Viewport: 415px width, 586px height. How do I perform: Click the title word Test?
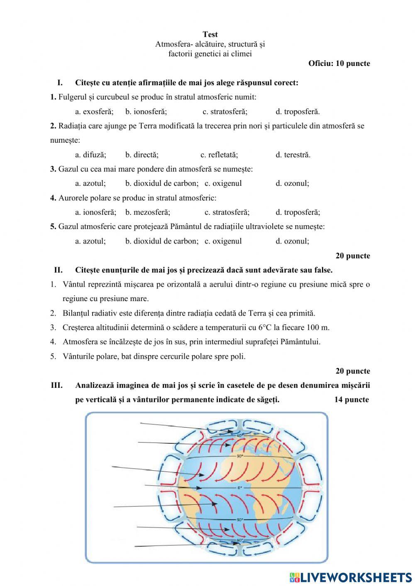pyautogui.click(x=210, y=34)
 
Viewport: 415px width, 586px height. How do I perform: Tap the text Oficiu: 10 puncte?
pyautogui.click(x=339, y=63)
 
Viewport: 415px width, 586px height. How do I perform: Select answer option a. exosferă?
pyautogui.click(x=94, y=112)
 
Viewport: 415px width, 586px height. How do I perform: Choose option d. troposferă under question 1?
pyautogui.click(x=298, y=112)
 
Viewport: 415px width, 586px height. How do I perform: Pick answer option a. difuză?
pyautogui.click(x=90, y=155)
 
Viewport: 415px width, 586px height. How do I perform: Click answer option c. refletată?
pyautogui.click(x=219, y=155)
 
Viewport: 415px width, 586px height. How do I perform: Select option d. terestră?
pyautogui.click(x=293, y=155)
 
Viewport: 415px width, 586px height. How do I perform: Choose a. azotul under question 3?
pyautogui.click(x=90, y=183)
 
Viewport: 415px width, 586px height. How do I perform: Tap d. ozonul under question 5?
pyautogui.click(x=292, y=241)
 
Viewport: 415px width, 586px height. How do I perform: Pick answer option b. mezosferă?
pyautogui.click(x=148, y=212)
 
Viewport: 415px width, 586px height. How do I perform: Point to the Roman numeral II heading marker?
pyautogui.click(x=59, y=270)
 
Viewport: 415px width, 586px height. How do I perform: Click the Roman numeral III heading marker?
pyautogui.click(x=57, y=385)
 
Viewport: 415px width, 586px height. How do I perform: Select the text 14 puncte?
pyautogui.click(x=352, y=400)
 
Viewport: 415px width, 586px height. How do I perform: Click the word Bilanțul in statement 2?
pyautogui.click(x=76, y=313)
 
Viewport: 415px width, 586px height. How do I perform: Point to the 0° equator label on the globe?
pyautogui.click(x=239, y=488)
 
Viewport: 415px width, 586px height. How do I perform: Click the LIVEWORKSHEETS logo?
pyautogui.click(x=351, y=577)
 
